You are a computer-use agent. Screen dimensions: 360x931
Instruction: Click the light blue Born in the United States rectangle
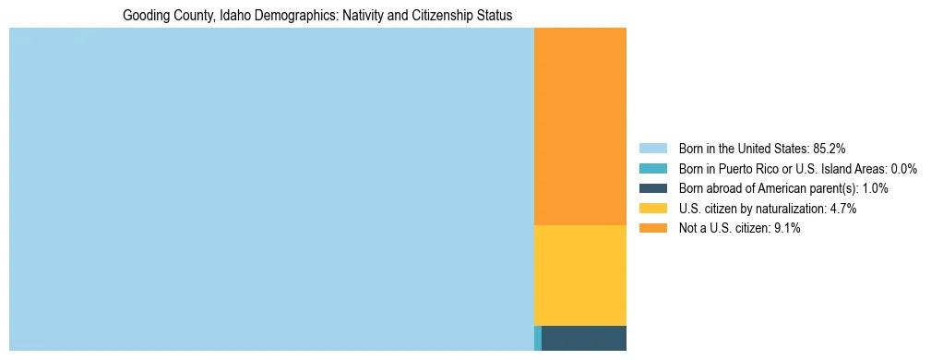[271, 189]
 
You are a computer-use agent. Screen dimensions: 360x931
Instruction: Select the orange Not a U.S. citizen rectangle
[580, 126]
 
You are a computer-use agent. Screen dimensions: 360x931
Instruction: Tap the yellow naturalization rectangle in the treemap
[580, 275]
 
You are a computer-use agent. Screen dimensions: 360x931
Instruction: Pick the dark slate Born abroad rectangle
[584, 338]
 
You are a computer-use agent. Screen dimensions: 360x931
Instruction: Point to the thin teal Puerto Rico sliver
[538, 338]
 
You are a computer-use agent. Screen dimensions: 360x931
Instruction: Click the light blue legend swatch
[653, 148]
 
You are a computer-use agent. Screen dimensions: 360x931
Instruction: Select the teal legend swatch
[653, 168]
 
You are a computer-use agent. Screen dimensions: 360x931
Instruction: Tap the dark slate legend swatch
[653, 188]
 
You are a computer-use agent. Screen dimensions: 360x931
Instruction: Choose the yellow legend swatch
[653, 209]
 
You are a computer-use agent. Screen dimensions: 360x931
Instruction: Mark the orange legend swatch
[653, 229]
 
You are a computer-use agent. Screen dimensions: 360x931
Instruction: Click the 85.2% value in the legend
[830, 148]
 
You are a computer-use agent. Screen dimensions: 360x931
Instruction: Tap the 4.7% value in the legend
[843, 209]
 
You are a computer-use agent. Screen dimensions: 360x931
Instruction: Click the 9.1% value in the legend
[787, 229]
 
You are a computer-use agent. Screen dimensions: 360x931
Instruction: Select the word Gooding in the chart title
[145, 16]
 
